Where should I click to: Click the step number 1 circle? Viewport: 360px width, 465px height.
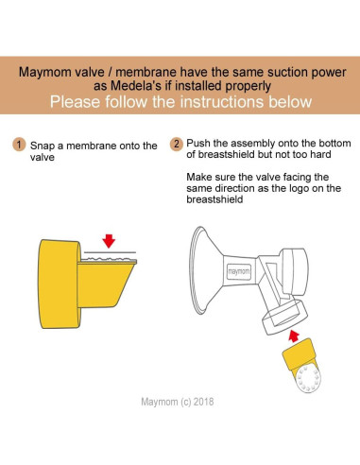[19, 145]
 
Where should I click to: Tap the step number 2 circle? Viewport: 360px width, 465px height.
[177, 144]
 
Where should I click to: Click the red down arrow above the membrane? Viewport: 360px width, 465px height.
[109, 241]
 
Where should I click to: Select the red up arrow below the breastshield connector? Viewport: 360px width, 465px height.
[294, 336]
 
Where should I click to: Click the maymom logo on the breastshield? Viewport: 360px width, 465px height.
[239, 271]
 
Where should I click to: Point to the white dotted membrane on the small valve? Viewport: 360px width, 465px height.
[308, 378]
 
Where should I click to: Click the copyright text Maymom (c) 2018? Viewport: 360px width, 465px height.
[178, 402]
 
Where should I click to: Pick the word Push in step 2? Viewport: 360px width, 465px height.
[198, 144]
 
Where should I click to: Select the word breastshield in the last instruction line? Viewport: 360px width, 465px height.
[214, 199]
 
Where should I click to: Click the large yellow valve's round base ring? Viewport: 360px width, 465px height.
[59, 284]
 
